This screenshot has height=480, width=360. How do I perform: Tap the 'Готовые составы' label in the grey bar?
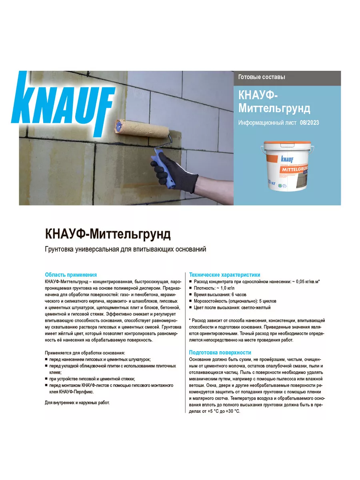tap(262, 77)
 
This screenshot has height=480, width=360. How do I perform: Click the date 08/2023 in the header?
tap(309, 122)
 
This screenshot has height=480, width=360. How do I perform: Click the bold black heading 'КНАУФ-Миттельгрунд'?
tap(108, 233)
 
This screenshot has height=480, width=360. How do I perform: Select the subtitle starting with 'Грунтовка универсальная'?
tap(125, 250)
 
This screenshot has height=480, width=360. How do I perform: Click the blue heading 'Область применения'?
tap(71, 275)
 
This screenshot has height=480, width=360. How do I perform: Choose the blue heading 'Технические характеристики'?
tap(224, 275)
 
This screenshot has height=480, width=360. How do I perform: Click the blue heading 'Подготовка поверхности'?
tap(220, 352)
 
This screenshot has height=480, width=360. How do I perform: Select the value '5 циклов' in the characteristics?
tap(268, 301)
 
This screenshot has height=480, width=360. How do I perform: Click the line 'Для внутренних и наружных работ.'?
tap(77, 402)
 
